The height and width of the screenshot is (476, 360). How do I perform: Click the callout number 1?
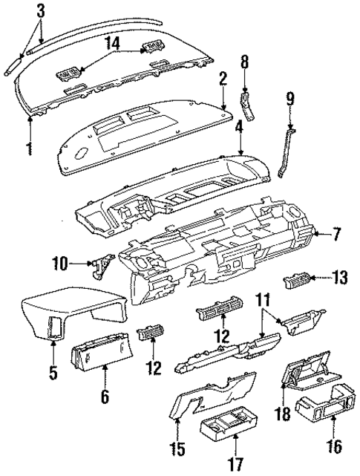29,148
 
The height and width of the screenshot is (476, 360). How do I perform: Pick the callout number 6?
104,397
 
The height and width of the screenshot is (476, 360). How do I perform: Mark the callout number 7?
336,235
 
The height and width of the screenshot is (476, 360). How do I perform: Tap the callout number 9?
290,97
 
